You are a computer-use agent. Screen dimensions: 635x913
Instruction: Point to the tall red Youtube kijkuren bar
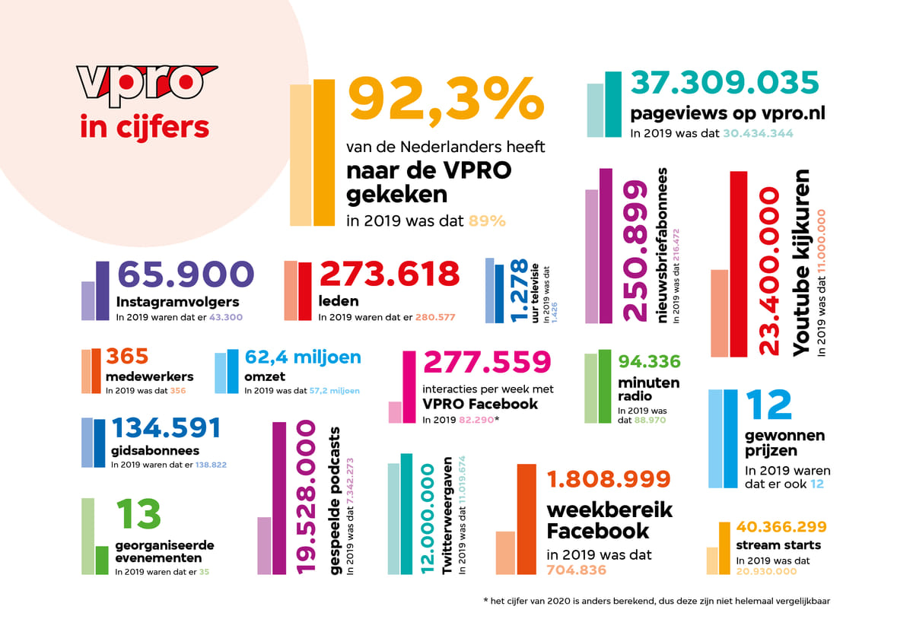pos(738,264)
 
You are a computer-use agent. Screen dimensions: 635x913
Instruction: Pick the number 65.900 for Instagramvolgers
pos(186,275)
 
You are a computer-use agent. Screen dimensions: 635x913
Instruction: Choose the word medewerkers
pos(149,376)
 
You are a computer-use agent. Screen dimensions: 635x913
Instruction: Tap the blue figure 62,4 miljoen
pos(303,357)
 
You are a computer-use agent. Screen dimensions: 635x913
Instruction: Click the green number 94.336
pos(649,361)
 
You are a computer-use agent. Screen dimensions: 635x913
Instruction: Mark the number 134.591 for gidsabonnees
pos(166,427)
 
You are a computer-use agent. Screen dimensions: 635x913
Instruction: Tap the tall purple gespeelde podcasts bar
pos(278,498)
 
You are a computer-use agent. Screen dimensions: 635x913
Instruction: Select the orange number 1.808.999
pos(608,479)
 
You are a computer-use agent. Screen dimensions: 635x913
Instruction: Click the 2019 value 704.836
pos(576,570)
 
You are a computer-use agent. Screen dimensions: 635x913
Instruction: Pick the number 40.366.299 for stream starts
pos(781,526)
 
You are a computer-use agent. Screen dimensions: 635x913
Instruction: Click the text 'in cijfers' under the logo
pos(145,126)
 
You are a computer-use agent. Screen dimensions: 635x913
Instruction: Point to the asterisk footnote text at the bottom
pos(656,601)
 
